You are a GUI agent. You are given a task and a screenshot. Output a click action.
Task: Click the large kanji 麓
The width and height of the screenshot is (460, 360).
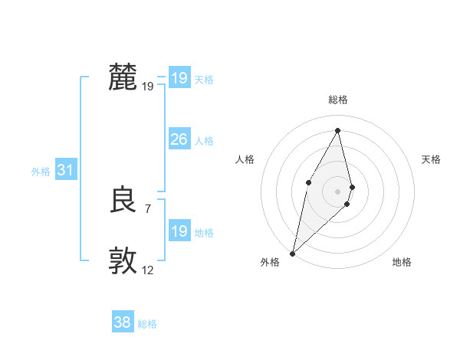pyautogui.click(x=123, y=77)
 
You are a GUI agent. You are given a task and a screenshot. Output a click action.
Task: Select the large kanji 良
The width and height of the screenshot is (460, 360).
pyautogui.click(x=123, y=201)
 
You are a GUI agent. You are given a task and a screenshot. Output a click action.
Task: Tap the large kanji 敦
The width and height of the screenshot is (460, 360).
pyautogui.click(x=123, y=260)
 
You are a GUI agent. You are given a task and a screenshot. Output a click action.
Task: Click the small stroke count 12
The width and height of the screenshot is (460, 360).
pyautogui.click(x=148, y=270)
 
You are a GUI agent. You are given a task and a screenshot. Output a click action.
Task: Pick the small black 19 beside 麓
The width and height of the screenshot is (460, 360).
pyautogui.click(x=148, y=87)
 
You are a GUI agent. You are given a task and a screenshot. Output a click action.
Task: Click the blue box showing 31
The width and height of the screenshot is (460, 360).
pyautogui.click(x=65, y=171)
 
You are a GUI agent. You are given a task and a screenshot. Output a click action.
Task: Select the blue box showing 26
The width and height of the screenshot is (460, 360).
pyautogui.click(x=179, y=139)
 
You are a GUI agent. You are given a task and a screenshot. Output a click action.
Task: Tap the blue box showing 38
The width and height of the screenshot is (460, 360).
pyautogui.click(x=122, y=322)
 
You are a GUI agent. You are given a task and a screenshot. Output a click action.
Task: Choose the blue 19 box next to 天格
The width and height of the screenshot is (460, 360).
pyautogui.click(x=179, y=78)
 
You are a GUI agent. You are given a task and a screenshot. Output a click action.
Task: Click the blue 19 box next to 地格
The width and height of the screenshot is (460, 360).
pyautogui.click(x=179, y=231)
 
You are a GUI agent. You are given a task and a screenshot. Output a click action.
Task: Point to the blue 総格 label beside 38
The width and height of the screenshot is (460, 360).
pyautogui.click(x=147, y=324)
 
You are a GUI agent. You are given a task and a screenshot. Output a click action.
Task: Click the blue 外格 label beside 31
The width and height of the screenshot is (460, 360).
pyautogui.click(x=41, y=172)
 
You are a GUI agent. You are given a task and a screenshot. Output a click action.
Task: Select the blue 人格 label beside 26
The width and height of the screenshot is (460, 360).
pyautogui.click(x=204, y=141)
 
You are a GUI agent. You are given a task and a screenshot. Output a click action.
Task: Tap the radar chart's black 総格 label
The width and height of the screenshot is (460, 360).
pyautogui.click(x=338, y=100)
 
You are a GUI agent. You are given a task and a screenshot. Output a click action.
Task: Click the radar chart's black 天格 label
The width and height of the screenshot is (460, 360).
pyautogui.click(x=431, y=159)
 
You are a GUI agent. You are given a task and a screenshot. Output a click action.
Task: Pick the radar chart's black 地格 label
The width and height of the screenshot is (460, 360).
pyautogui.click(x=402, y=262)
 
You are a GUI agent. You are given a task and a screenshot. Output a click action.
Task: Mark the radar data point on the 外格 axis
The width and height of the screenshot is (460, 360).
pyautogui.click(x=293, y=253)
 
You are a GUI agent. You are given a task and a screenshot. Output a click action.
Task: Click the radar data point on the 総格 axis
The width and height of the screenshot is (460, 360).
pyautogui.click(x=338, y=129)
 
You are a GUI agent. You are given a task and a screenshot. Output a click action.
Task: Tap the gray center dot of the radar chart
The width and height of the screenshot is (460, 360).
pyautogui.click(x=338, y=191)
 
